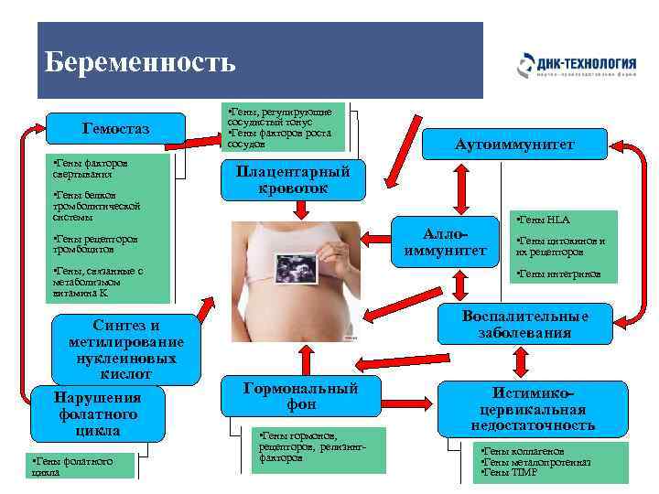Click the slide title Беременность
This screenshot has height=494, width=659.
pos(140,62)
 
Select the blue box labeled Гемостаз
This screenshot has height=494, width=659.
pos(116,128)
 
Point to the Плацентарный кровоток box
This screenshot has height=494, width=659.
pos(293,179)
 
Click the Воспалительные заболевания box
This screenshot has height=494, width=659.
pos(524,324)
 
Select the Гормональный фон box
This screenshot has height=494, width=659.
pos(301,397)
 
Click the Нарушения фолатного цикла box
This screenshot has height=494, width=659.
pos(97,413)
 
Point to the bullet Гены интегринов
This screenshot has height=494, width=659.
pos(559,273)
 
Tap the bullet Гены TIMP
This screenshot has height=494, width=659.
pos(507,472)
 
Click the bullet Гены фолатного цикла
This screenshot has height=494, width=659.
pos(71,467)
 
